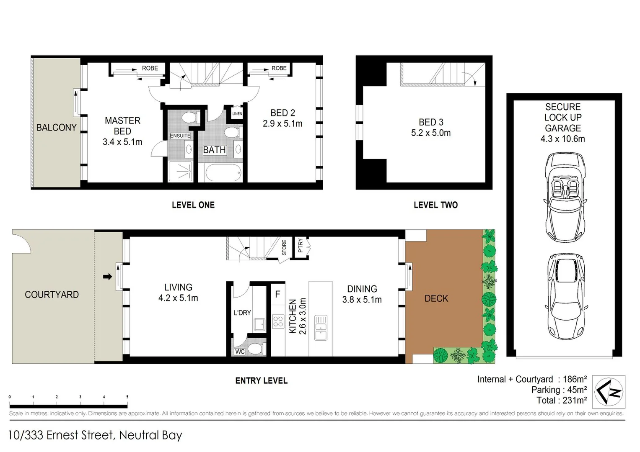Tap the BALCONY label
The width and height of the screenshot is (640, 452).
56,128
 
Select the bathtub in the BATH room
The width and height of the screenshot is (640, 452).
223,172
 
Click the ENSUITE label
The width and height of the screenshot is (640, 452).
180,136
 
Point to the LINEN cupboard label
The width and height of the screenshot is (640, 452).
237,113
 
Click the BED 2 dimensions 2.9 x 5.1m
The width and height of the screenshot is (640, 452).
282,124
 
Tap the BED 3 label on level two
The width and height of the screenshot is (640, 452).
431,122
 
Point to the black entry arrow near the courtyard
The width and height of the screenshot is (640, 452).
108,277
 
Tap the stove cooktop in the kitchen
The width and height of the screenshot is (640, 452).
278,321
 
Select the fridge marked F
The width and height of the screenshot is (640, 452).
277,294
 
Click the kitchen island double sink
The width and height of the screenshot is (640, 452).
321,328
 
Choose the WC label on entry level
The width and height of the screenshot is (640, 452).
239,352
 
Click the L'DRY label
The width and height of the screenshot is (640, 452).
242,313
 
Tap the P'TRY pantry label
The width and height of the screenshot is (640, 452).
300,245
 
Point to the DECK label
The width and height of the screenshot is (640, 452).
436,298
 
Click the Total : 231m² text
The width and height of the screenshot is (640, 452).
561,401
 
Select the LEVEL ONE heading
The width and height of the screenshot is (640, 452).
193,205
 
